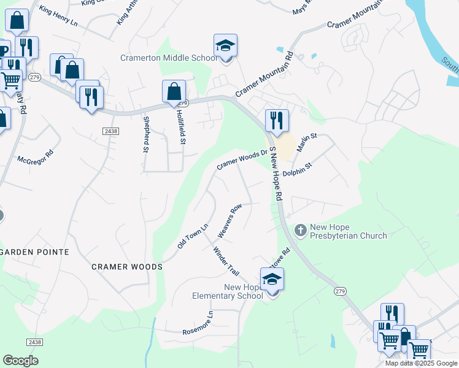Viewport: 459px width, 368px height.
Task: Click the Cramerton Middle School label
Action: (x=169, y=58)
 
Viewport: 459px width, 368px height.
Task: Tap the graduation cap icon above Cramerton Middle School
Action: (x=225, y=46)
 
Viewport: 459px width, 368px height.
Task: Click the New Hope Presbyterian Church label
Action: (x=348, y=231)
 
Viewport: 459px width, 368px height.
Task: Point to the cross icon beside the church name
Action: (x=301, y=231)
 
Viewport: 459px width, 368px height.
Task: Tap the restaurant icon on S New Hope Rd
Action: (x=277, y=120)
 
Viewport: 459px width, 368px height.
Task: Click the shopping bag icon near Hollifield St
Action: (x=174, y=92)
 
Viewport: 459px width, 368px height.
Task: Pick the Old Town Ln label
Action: (x=193, y=236)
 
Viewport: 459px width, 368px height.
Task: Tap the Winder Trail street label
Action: (x=225, y=261)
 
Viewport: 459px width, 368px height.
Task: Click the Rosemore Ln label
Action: (x=198, y=324)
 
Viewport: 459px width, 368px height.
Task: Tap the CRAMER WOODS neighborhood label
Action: (x=127, y=267)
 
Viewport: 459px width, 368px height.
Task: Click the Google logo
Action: (x=20, y=361)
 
